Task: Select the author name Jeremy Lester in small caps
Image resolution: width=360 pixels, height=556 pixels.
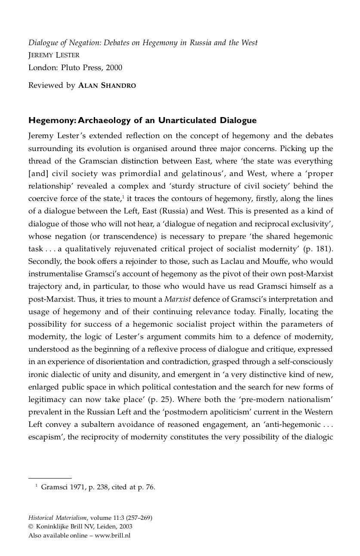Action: (x=54, y=55)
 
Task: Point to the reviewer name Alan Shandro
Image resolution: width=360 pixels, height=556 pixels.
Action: (x=107, y=85)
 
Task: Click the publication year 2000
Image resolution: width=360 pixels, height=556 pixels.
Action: (x=114, y=68)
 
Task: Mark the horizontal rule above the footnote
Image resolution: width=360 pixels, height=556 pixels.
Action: (x=50, y=478)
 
